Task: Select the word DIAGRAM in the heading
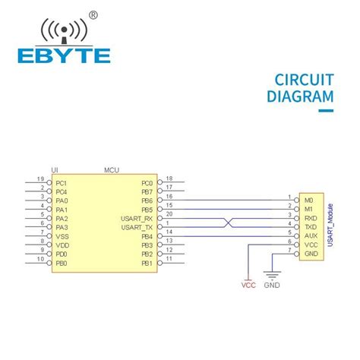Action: [300, 96]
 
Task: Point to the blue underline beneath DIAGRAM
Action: [325, 110]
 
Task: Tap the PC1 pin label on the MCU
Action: [62, 183]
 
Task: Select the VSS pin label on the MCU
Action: [62, 236]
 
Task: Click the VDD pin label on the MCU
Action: [62, 245]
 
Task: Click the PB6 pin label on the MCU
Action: [147, 201]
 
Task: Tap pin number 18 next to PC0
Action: [169, 179]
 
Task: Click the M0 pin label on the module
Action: [308, 201]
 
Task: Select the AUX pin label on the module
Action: [308, 235]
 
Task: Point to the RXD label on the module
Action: [309, 218]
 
